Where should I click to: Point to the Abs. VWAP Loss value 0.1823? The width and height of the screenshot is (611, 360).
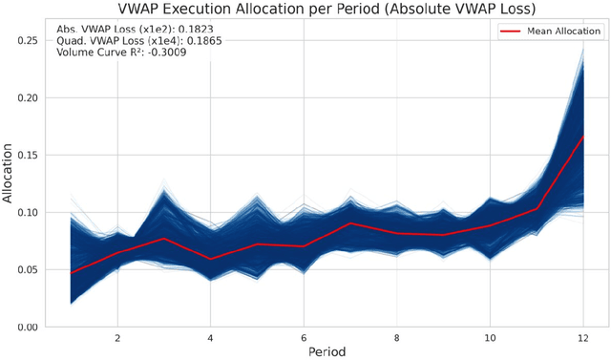click(182, 30)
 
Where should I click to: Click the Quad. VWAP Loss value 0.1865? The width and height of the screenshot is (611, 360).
click(186, 41)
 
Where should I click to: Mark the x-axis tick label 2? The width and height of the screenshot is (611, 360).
click(116, 337)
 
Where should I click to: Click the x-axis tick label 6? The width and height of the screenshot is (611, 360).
click(303, 337)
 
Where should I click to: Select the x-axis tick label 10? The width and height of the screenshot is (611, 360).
click(489, 337)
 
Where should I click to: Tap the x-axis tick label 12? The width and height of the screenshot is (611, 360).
click(582, 337)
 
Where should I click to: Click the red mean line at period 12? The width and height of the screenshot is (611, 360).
click(582, 137)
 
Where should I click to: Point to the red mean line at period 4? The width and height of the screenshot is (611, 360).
click(210, 259)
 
